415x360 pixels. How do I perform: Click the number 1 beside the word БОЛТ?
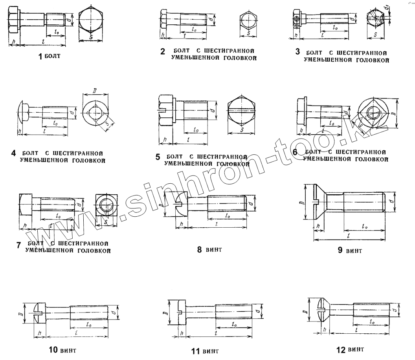[x=40, y=57]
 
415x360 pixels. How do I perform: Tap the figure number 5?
[x=158, y=157]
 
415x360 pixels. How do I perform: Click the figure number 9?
[x=340, y=250]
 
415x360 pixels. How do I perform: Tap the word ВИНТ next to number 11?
[x=212, y=351]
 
